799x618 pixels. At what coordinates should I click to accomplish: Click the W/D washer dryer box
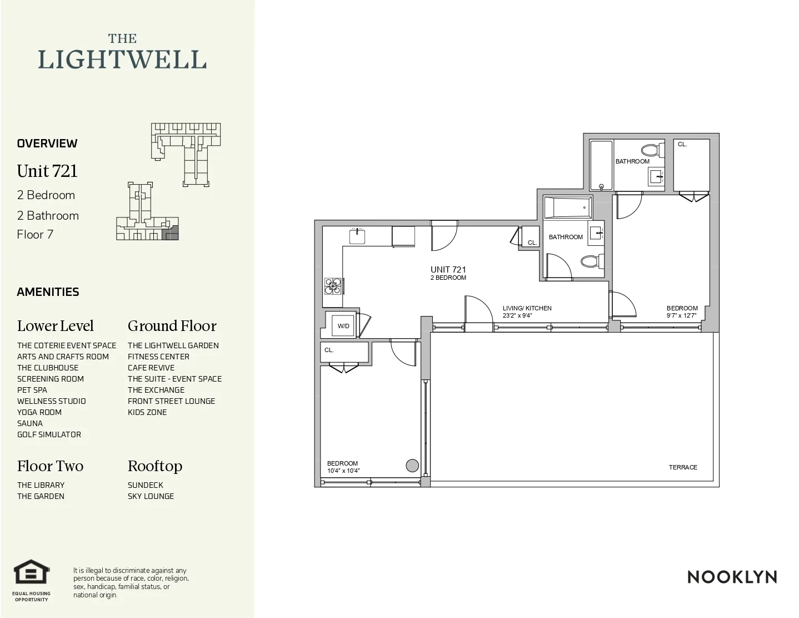pyautogui.click(x=343, y=325)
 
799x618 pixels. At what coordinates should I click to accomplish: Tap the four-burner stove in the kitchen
pyautogui.click(x=334, y=286)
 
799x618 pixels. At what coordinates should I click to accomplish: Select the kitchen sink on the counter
pyautogui.click(x=357, y=236)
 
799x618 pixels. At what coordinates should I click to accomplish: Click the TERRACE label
pyautogui.click(x=683, y=467)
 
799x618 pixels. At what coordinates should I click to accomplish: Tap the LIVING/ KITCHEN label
pyautogui.click(x=527, y=308)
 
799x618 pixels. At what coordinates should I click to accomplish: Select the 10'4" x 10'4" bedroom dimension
pyautogui.click(x=343, y=471)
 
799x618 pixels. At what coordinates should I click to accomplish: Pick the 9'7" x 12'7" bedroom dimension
pyautogui.click(x=681, y=315)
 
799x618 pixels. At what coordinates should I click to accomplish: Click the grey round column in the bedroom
pyautogui.click(x=412, y=466)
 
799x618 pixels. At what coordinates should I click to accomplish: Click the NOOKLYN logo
pyautogui.click(x=732, y=577)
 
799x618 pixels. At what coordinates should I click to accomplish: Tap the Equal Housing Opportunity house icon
pyautogui.click(x=32, y=572)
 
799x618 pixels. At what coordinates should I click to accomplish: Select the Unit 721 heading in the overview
pyautogui.click(x=47, y=171)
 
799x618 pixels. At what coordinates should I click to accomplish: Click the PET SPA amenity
pyautogui.click(x=32, y=390)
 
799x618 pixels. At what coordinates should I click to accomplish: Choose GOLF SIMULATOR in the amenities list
pyautogui.click(x=49, y=434)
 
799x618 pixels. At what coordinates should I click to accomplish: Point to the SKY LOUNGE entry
pyautogui.click(x=151, y=496)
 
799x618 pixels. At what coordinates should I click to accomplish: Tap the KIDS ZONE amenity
pyautogui.click(x=147, y=412)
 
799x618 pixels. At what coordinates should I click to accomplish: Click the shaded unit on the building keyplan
pyautogui.click(x=171, y=233)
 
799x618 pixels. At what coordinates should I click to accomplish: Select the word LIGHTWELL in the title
pyautogui.click(x=122, y=60)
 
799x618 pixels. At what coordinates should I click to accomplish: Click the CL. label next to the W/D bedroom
pyautogui.click(x=329, y=350)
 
